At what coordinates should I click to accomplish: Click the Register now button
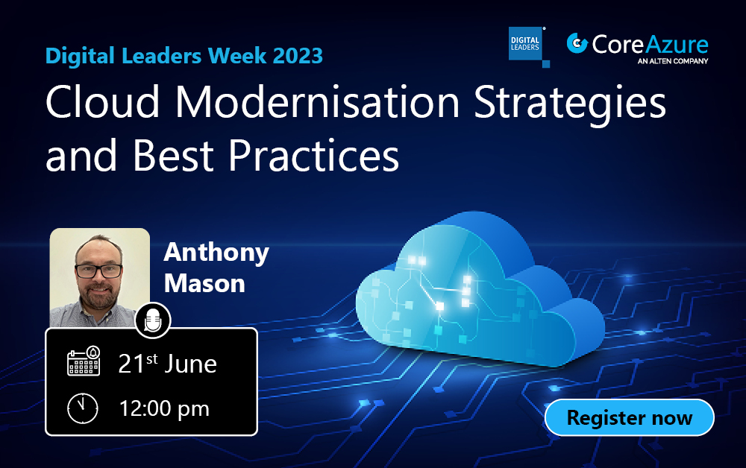click(x=630, y=417)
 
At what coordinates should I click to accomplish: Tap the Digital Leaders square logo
click(x=527, y=45)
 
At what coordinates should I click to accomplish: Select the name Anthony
click(x=216, y=252)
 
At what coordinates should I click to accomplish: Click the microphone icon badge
click(x=153, y=320)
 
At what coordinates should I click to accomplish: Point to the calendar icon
click(x=84, y=362)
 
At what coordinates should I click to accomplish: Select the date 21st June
click(x=168, y=364)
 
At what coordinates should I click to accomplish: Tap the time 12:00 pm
click(x=164, y=408)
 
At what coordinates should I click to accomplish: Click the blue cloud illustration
click(x=477, y=291)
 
